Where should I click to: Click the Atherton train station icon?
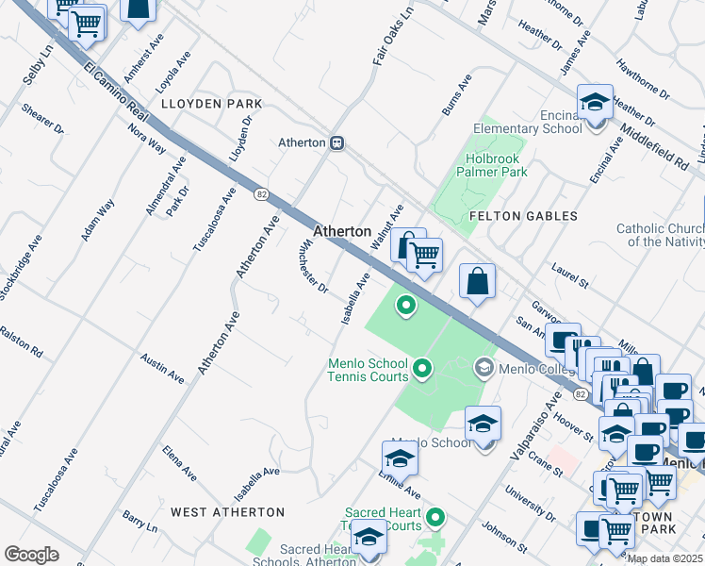coord(336,143)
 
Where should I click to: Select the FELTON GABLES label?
coord(523,216)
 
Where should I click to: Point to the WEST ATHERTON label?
coord(227,511)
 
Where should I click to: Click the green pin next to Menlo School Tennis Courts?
coord(422,368)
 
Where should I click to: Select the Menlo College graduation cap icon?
coord(484,366)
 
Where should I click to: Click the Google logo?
coord(31,554)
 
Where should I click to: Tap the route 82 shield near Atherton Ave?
coord(261,193)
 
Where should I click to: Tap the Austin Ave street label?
coord(162,368)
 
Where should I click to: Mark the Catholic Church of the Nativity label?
coord(660,235)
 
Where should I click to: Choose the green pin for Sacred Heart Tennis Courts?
coord(434,517)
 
